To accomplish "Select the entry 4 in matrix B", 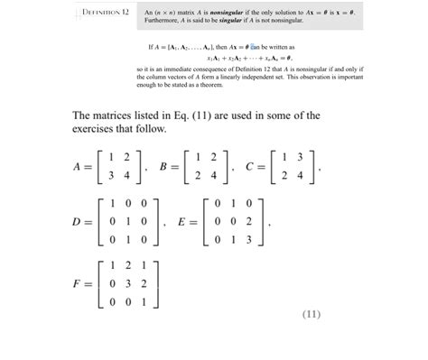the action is [x=211, y=174].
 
